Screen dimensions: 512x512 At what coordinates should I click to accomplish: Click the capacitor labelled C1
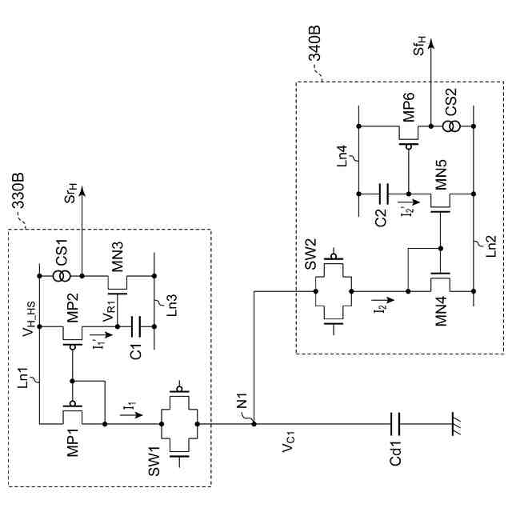click(x=134, y=325)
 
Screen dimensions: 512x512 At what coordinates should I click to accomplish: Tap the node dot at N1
click(x=254, y=422)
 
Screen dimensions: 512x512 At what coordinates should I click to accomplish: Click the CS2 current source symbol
click(x=432, y=126)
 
